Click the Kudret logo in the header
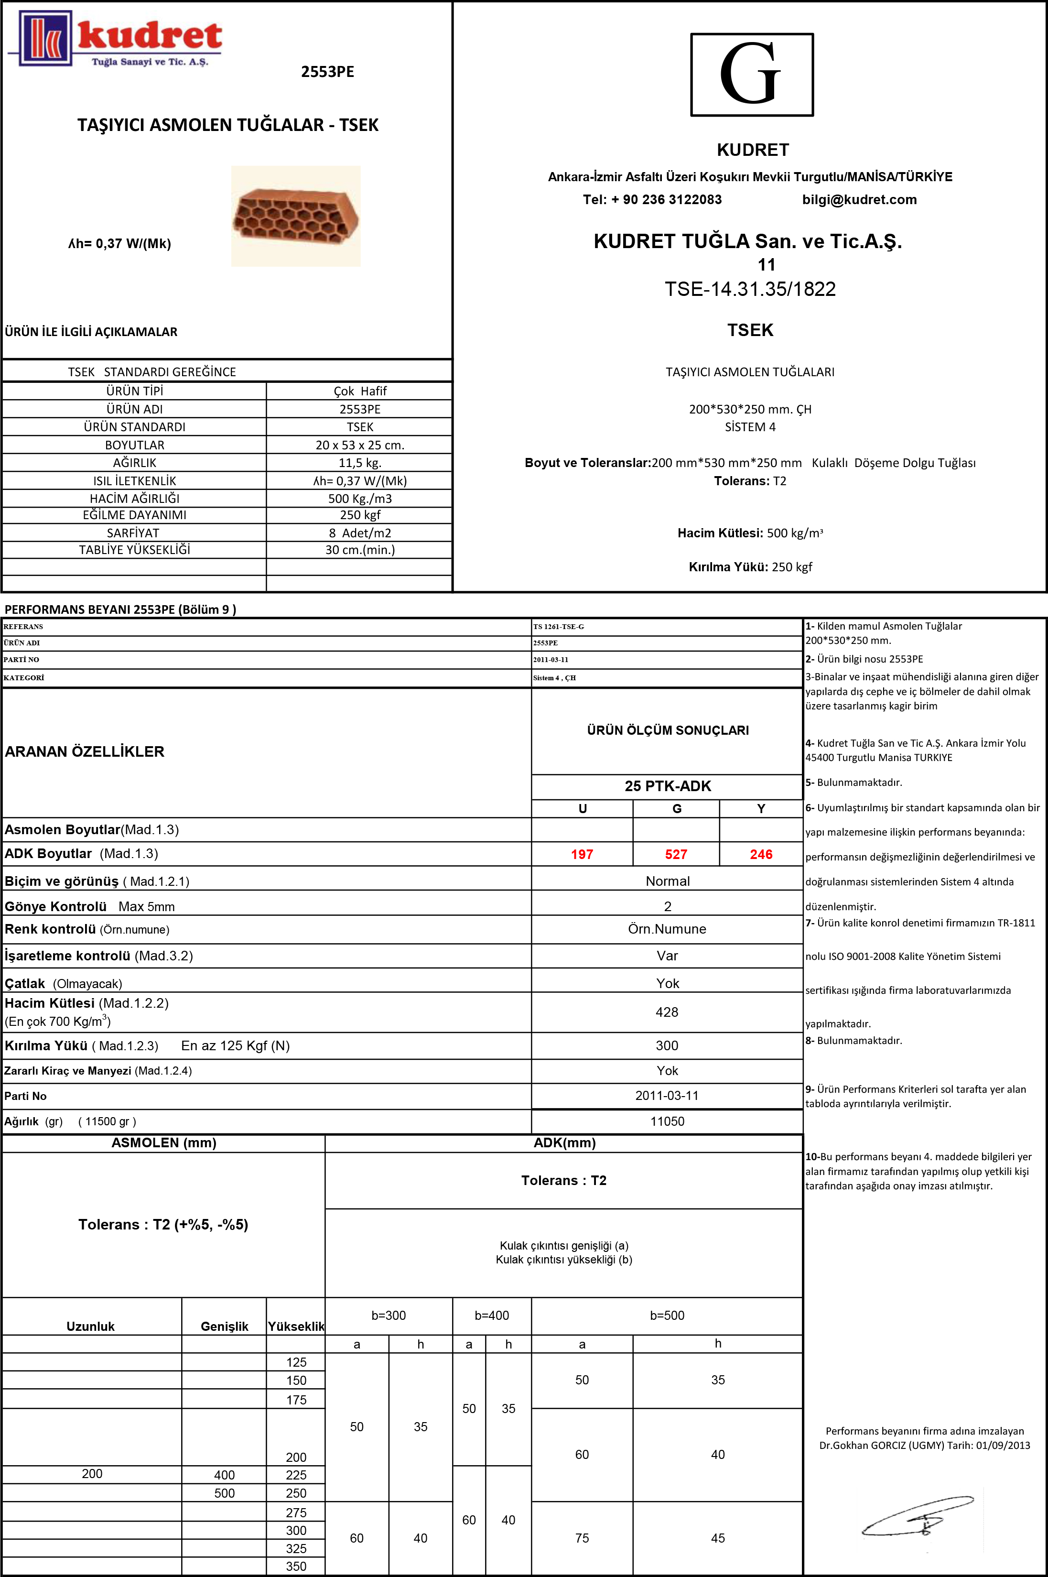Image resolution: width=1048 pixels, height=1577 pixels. click(115, 39)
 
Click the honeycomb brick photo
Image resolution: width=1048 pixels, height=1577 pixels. click(295, 216)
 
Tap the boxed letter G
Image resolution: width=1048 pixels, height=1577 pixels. click(751, 74)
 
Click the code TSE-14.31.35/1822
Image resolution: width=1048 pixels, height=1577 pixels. click(750, 289)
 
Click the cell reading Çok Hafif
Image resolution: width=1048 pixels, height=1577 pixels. click(359, 391)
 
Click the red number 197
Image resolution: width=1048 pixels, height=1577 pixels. click(582, 854)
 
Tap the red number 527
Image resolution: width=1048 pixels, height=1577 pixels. click(676, 854)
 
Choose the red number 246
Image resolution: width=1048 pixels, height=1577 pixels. click(761, 854)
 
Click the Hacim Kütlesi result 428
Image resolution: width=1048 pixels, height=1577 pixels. click(666, 1012)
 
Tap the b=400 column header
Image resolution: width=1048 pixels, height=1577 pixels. click(491, 1315)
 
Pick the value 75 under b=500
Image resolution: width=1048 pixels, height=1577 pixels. click(582, 1537)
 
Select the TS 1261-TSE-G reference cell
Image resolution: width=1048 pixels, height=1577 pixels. click(558, 626)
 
